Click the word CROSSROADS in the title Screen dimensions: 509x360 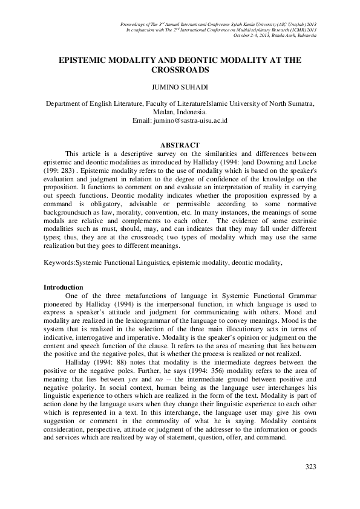(x=180, y=70)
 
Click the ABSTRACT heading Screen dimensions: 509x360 (x=179, y=145)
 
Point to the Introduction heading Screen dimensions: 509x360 (x=64, y=286)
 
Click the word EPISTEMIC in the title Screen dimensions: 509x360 (x=86, y=61)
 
